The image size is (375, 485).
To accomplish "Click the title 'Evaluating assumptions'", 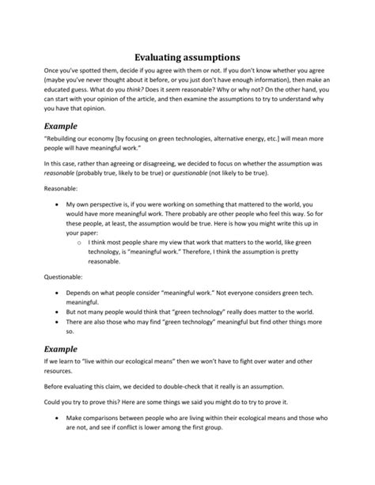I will (x=187, y=57).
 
